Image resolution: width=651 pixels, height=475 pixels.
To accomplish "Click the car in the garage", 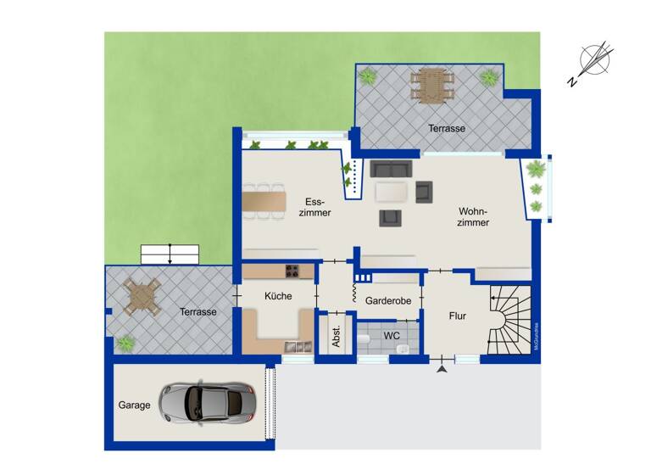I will (x=205, y=402).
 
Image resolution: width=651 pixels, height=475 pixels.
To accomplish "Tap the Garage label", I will (x=134, y=405).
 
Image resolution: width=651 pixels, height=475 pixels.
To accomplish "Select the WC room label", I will (x=392, y=336).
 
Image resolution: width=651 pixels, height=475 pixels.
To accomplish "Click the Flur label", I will (x=458, y=316).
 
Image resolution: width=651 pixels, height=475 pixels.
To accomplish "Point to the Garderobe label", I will (x=388, y=301).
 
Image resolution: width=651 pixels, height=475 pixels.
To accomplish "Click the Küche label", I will (x=278, y=296).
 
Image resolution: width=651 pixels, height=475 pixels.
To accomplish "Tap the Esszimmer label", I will (x=316, y=207).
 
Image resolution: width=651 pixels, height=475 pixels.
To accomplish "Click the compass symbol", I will (x=595, y=63).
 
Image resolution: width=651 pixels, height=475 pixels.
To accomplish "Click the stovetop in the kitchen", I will (x=291, y=271).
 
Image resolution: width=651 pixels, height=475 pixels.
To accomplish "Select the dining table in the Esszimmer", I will (x=262, y=202).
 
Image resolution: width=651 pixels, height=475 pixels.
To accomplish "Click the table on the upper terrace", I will (x=431, y=84).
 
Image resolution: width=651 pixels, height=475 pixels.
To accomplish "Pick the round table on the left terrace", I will (x=142, y=296).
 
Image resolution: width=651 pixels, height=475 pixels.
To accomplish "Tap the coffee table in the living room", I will (x=392, y=193).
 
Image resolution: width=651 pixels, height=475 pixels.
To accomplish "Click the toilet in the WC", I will (x=364, y=338).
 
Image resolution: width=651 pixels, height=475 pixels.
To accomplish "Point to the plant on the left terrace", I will (x=125, y=344).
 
